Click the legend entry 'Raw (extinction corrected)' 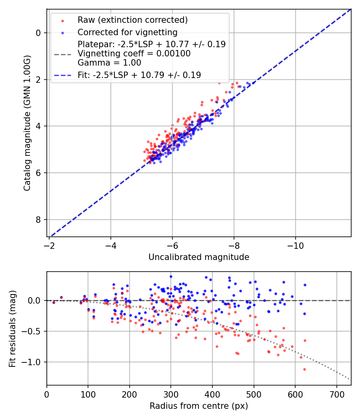132,20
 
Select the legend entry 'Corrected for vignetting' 127,32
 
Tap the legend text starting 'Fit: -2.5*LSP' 139,75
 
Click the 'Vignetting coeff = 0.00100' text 134,54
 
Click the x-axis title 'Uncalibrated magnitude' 199,257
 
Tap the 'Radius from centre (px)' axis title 199,406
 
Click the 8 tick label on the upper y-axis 39,220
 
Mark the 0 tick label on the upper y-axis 39,33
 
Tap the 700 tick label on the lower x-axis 336,394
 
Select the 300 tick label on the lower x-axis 171,394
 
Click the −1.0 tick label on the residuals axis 33,362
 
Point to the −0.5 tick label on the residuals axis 33,331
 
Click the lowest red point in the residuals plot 304,369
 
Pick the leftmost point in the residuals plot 54,302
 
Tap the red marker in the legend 62,20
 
